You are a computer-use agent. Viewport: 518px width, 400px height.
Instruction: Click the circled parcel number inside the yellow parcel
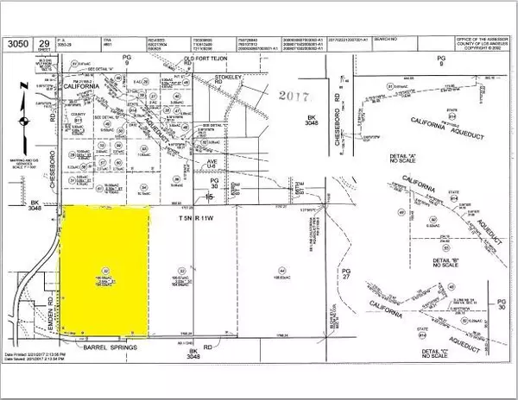106,269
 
